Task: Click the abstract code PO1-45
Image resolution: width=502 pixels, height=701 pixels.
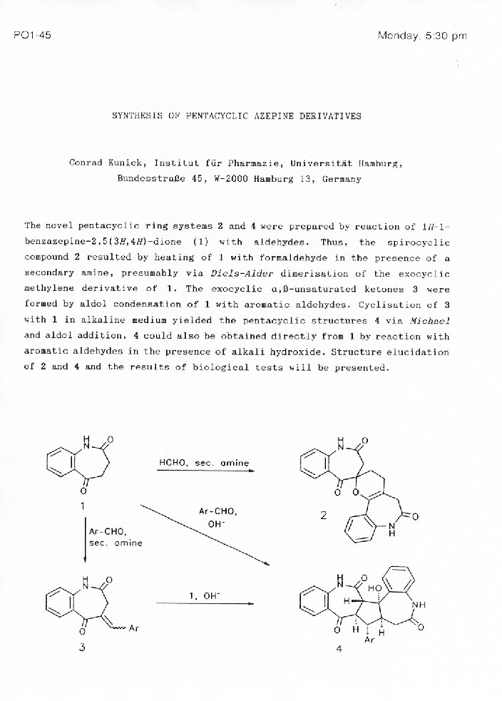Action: tap(32, 35)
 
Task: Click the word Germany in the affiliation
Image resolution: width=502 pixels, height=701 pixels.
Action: tap(342, 179)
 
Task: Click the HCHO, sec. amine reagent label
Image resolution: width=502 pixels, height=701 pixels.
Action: tap(204, 463)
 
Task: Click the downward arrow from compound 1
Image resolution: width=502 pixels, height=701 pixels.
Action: tap(84, 542)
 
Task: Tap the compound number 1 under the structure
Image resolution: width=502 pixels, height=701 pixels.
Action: tap(83, 506)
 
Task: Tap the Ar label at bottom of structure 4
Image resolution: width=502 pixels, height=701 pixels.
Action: tap(369, 639)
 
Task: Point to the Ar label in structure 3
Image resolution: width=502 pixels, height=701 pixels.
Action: tap(133, 628)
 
